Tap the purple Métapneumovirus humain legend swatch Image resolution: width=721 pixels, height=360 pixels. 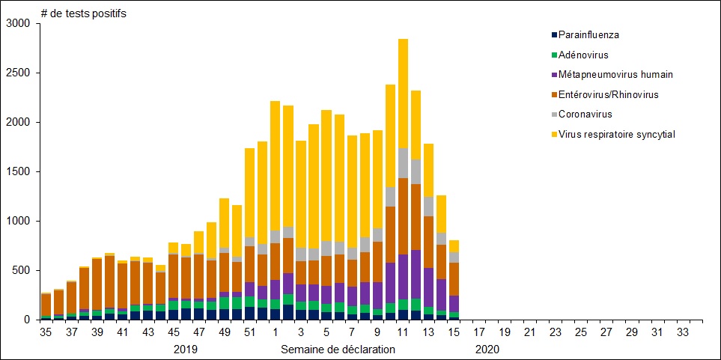pyautogui.click(x=554, y=74)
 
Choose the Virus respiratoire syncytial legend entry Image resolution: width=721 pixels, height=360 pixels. pyautogui.click(x=612, y=134)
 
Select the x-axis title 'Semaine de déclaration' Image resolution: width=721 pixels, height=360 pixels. pyautogui.click(x=338, y=349)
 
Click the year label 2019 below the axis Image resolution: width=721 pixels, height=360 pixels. pyautogui.click(x=185, y=349)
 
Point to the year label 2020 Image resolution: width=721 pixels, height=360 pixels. pyautogui.click(x=487, y=349)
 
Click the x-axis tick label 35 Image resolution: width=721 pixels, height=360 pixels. pyautogui.click(x=46, y=332)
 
